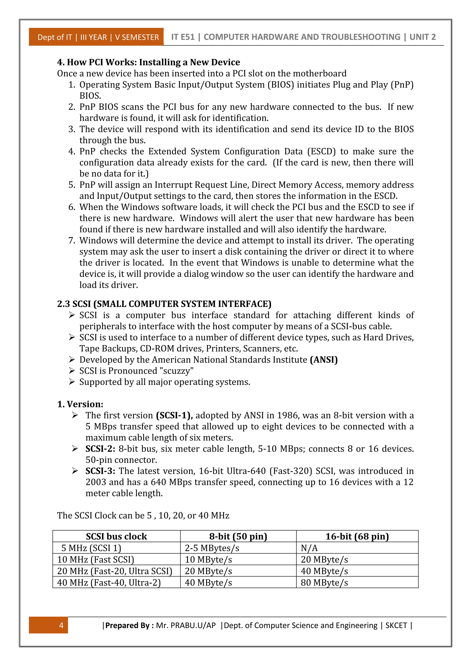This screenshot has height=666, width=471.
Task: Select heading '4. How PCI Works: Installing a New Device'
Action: tap(149, 62)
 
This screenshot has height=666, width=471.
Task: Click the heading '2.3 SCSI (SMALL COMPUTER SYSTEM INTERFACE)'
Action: tap(164, 304)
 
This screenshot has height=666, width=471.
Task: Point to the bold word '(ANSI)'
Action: tap(324, 360)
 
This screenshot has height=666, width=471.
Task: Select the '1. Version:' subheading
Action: tap(80, 404)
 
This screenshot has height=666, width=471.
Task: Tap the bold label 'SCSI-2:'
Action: tap(100, 449)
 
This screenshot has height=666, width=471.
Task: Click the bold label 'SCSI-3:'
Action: tap(100, 471)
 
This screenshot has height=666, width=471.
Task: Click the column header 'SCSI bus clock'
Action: tap(116, 537)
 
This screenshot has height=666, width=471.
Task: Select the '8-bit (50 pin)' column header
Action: tap(238, 537)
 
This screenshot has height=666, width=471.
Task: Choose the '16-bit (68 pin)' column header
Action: tap(357, 537)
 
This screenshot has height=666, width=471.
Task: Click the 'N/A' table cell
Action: tap(309, 548)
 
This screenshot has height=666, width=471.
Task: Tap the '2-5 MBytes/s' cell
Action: tap(212, 548)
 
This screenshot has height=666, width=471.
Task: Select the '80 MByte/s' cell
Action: tap(324, 583)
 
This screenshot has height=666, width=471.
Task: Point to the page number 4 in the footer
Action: tap(61, 625)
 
